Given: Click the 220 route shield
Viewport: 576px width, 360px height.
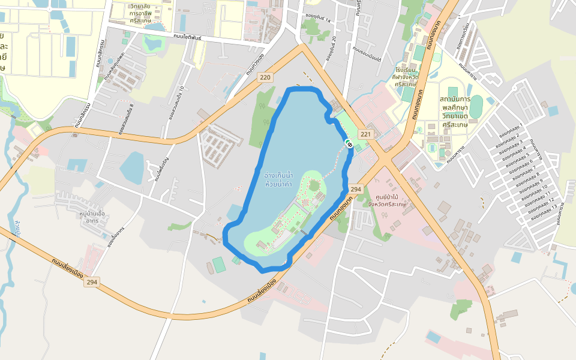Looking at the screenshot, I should [266, 77].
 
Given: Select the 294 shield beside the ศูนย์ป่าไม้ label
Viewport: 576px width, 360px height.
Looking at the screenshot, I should [355, 189].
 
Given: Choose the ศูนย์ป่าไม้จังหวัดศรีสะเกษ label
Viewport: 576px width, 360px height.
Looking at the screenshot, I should [387, 200].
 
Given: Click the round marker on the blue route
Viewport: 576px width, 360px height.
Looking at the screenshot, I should [349, 143].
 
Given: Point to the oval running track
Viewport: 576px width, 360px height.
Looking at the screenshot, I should [476, 107].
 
